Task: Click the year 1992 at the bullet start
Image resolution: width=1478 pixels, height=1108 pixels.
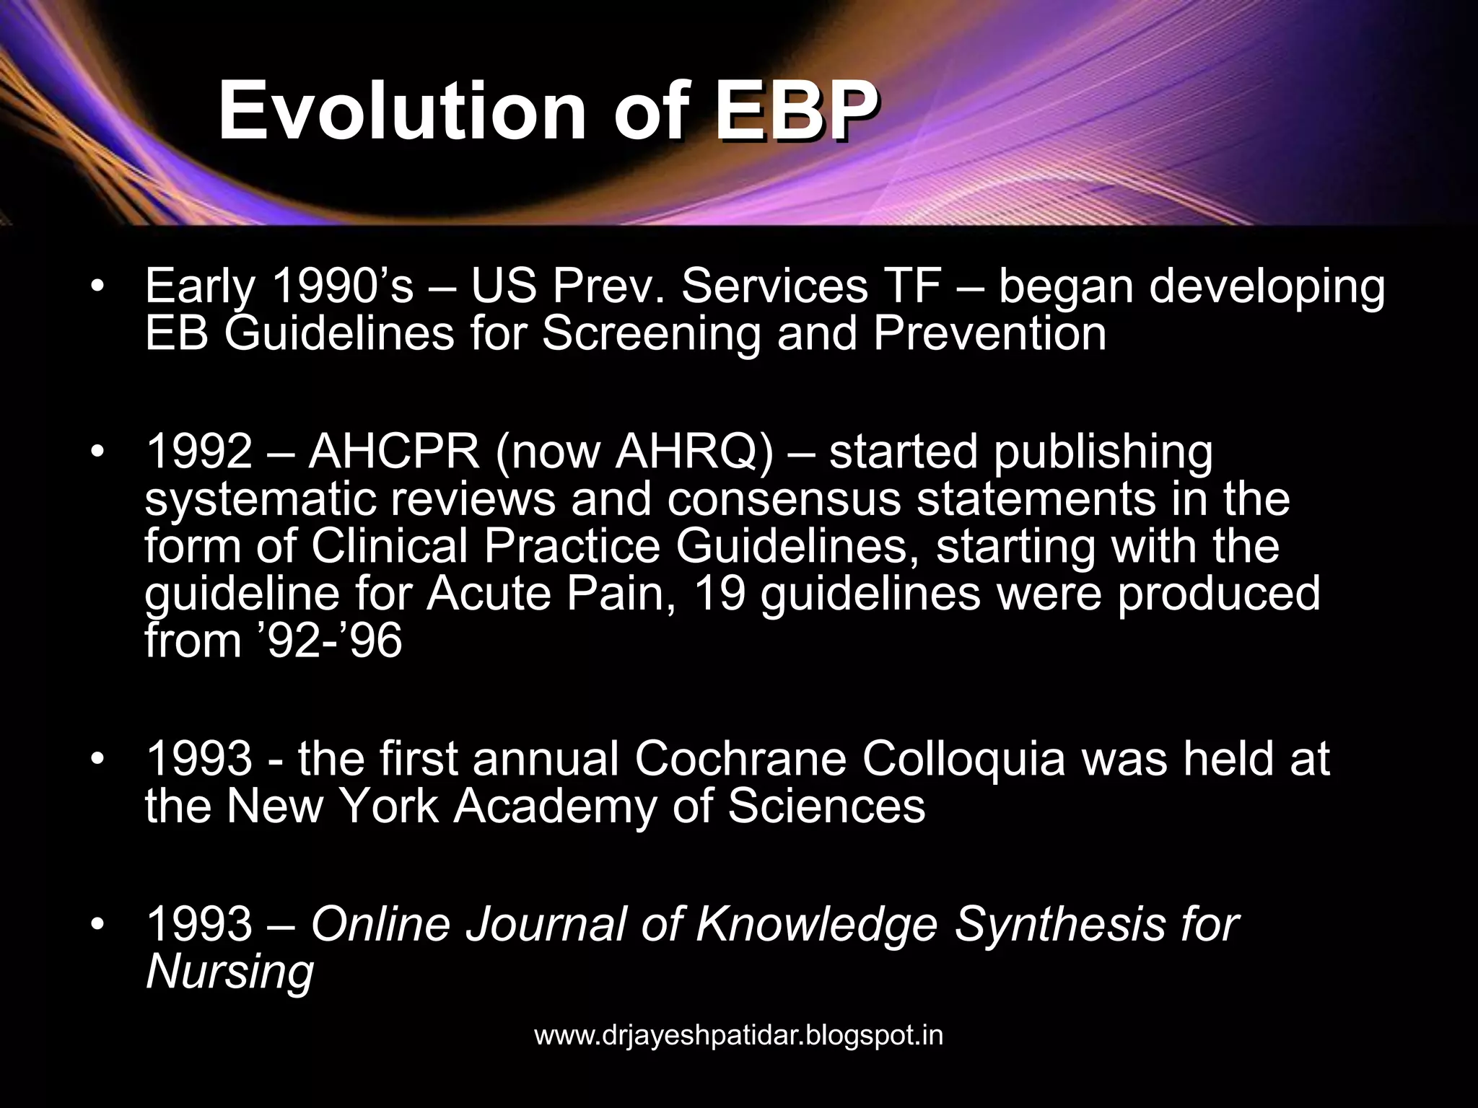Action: click(x=198, y=452)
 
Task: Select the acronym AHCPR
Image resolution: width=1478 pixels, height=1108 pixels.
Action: click(x=394, y=452)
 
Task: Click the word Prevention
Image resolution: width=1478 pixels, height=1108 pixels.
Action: click(x=989, y=333)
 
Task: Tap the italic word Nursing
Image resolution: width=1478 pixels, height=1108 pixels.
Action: click(x=229, y=971)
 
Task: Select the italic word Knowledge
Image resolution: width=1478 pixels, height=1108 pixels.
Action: click(x=816, y=924)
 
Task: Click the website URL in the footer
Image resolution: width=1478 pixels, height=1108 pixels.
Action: click(x=738, y=1036)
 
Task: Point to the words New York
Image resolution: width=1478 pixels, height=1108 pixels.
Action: click(x=333, y=806)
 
